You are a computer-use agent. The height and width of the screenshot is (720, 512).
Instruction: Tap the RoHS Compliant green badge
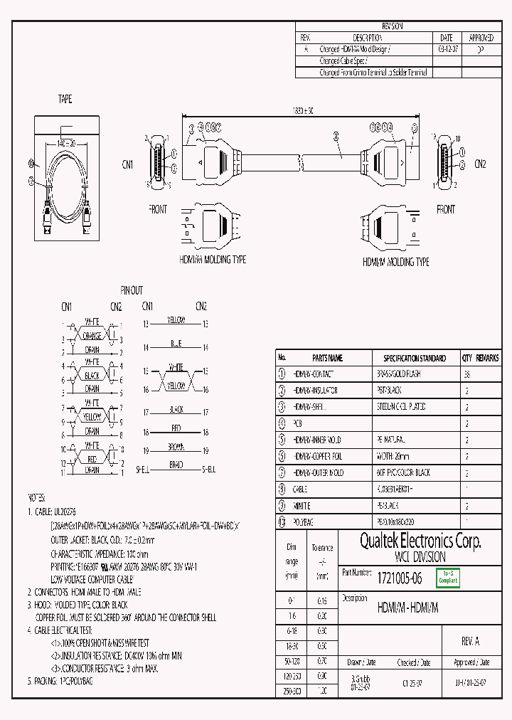click(448, 578)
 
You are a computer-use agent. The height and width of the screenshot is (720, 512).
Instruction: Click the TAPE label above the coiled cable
click(65, 100)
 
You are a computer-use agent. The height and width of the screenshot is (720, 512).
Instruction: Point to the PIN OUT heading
click(132, 290)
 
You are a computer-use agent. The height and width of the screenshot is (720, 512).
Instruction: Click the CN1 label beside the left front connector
click(127, 164)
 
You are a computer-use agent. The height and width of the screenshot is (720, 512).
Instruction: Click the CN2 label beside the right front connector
click(480, 164)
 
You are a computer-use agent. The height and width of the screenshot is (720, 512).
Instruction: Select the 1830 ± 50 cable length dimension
click(303, 110)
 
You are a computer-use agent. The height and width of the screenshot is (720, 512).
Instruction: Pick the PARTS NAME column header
click(327, 358)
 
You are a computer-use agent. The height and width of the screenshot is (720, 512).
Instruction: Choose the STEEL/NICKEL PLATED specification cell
click(400, 407)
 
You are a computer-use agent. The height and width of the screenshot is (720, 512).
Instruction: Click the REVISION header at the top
click(392, 26)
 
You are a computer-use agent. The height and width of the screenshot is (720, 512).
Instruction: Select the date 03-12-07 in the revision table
click(447, 50)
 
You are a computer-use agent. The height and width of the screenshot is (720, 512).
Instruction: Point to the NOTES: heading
click(36, 497)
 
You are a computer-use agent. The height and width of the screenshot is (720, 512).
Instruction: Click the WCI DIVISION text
click(420, 557)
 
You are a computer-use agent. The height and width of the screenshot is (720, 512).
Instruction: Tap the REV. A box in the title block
click(471, 641)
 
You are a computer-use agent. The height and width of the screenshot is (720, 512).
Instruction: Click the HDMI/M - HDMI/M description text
click(407, 608)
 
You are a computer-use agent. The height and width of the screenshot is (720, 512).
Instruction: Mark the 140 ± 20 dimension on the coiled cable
click(65, 143)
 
